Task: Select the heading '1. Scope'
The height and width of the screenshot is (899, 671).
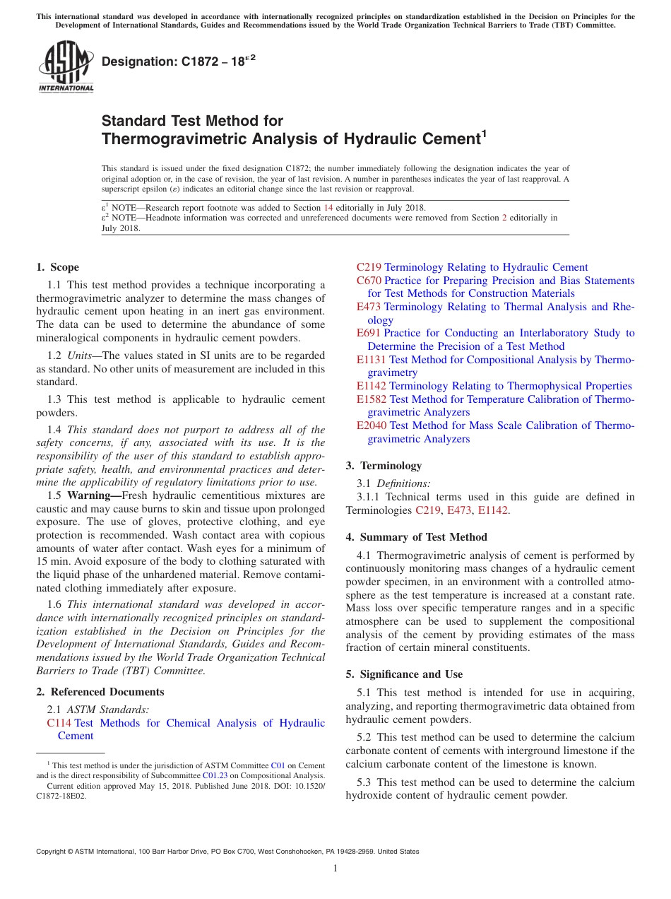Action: (57, 267)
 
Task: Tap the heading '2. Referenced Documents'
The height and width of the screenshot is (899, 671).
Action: (100, 692)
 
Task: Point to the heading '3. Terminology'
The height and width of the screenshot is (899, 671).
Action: (384, 466)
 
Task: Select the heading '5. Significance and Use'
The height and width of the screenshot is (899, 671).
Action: (404, 674)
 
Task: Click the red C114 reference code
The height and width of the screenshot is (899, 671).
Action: (59, 723)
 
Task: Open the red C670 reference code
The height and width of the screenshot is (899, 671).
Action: (369, 281)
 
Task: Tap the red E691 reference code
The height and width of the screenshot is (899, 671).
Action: (369, 333)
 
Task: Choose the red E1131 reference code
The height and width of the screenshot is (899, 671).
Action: (372, 360)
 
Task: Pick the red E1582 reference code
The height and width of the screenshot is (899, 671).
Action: (372, 399)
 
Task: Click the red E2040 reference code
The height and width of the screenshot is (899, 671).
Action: (372, 425)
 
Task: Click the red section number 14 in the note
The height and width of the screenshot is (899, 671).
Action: (328, 208)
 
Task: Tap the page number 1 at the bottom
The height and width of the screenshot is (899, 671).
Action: (335, 869)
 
